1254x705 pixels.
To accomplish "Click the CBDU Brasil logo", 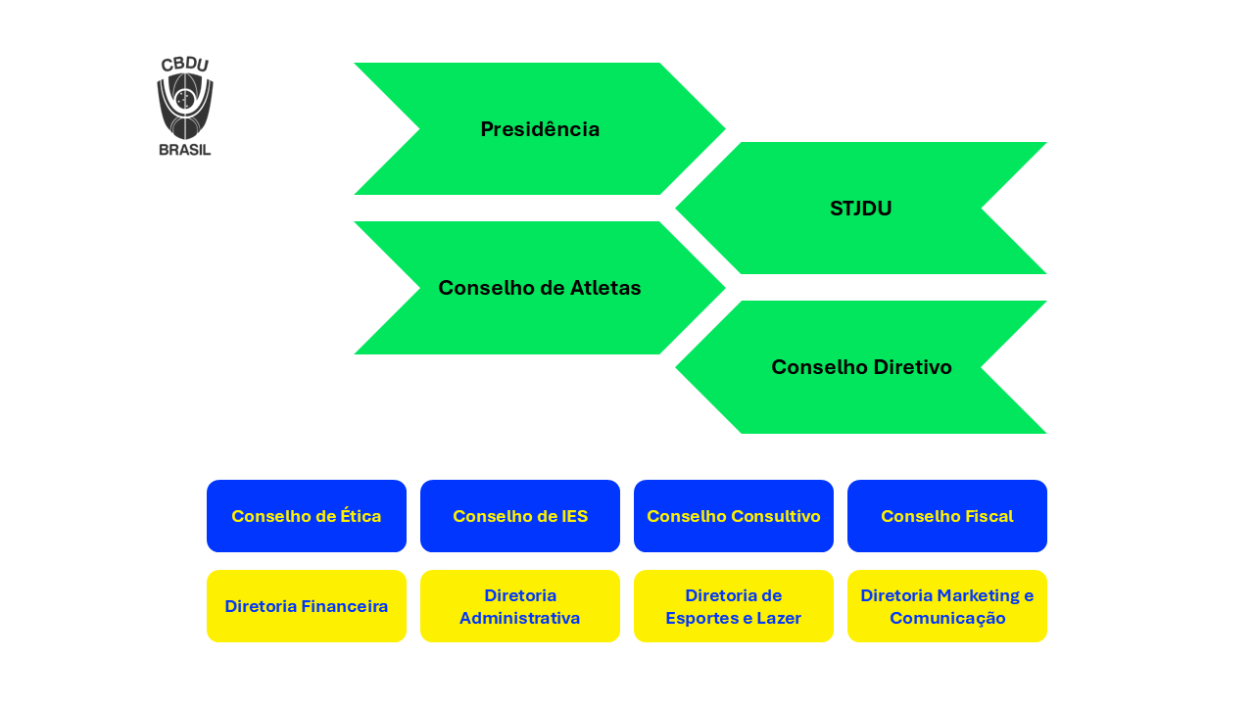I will (x=185, y=106).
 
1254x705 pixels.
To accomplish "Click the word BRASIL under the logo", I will (x=185, y=150).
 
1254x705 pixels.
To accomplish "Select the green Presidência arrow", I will (x=540, y=129).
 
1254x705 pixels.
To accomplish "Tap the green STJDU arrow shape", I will (x=861, y=209).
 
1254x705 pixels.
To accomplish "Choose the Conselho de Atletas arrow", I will (x=540, y=288).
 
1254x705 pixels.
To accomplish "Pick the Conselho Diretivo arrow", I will (x=861, y=367).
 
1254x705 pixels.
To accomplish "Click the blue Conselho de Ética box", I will (x=307, y=516).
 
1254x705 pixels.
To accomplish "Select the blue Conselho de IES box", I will (x=520, y=516).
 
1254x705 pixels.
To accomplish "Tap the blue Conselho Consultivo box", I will (x=734, y=516).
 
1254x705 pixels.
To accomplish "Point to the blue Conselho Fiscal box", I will (x=947, y=516).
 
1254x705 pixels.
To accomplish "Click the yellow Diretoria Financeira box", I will (x=307, y=606).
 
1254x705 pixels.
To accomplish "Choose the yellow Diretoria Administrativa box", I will (x=520, y=606).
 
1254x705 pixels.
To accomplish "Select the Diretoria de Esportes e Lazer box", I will (x=734, y=606).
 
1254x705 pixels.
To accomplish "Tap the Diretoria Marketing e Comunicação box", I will (x=947, y=606).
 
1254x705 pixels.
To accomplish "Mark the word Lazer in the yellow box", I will (x=778, y=618).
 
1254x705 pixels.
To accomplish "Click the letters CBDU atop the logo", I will (x=185, y=65).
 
